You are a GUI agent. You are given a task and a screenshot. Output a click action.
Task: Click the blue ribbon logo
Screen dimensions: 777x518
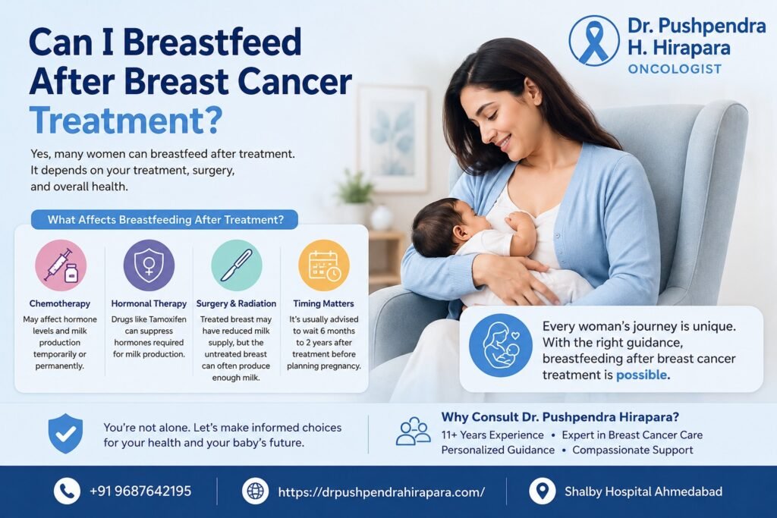(593, 41)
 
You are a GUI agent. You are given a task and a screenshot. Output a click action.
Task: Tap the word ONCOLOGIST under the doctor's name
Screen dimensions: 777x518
(675, 69)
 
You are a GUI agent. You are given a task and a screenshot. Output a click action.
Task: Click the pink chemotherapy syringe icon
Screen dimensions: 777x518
(61, 265)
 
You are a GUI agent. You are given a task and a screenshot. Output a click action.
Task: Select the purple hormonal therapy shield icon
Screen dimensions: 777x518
(149, 265)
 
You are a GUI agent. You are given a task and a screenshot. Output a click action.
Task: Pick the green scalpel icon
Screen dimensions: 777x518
(237, 265)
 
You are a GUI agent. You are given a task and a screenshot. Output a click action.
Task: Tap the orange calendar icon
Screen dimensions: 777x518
(323, 265)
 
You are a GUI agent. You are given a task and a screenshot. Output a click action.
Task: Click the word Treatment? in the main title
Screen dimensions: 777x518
(126, 121)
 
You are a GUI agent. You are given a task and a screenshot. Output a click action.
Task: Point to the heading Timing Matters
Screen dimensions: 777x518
(323, 303)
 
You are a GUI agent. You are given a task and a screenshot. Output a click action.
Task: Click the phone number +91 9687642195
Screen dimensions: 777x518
(140, 491)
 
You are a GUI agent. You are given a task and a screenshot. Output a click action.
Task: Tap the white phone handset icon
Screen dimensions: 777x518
(67, 491)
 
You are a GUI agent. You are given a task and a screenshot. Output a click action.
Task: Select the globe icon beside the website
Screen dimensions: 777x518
(255, 491)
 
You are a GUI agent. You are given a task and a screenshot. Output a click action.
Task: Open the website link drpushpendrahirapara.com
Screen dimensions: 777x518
(381, 491)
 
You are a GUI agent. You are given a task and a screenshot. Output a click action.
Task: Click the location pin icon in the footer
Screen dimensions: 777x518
(542, 491)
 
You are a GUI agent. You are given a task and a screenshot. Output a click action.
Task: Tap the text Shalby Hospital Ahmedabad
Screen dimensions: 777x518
(643, 491)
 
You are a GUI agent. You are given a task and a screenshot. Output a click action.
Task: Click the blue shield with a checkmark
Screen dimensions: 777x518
(65, 434)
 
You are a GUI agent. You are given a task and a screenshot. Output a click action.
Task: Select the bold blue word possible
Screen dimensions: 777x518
(641, 375)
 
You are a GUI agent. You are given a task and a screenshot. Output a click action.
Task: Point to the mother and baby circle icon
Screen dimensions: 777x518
(501, 345)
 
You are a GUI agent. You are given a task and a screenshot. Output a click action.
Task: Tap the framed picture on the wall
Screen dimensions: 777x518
(392, 139)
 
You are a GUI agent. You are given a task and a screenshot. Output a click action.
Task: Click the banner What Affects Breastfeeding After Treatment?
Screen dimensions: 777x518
(165, 219)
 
